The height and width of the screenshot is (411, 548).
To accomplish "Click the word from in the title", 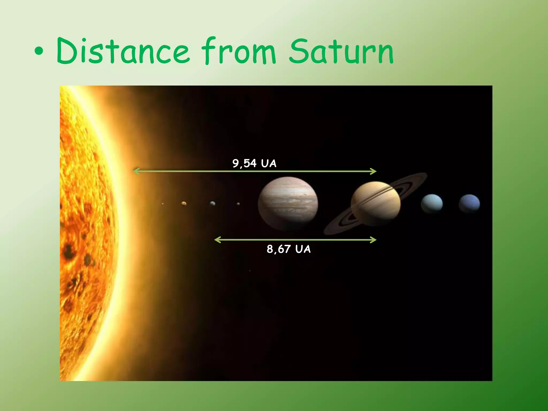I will point(238,51).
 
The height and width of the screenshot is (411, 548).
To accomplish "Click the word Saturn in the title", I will point(341,51).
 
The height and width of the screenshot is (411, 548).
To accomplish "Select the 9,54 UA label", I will point(254,163).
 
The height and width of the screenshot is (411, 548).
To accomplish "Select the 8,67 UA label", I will point(289,249).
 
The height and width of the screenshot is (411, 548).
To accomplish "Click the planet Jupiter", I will point(288,203).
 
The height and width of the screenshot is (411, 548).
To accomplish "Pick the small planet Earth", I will point(213,204).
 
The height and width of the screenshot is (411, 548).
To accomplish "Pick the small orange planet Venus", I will point(184,204).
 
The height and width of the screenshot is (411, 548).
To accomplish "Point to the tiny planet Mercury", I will point(163,204).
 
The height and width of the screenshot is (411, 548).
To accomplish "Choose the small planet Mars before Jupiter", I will point(238,204).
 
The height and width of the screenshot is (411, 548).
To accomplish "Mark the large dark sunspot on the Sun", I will point(69,252).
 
